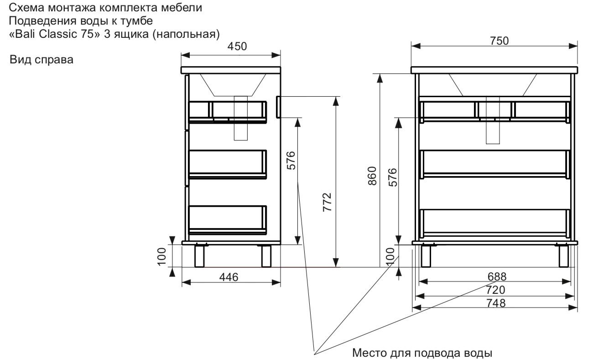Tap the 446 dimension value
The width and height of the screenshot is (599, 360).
(229, 277)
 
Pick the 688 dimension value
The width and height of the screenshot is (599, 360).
(496, 277)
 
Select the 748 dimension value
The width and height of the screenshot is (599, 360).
(496, 303)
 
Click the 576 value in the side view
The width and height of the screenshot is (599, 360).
(291, 160)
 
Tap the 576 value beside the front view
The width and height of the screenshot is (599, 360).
(392, 178)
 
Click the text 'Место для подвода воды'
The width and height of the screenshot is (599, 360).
(422, 353)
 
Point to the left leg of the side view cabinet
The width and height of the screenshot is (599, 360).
(199, 256)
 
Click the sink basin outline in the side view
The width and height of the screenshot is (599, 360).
(233, 85)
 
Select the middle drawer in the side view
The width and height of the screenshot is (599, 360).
(227, 163)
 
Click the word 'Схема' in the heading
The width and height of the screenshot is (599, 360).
(24, 8)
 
